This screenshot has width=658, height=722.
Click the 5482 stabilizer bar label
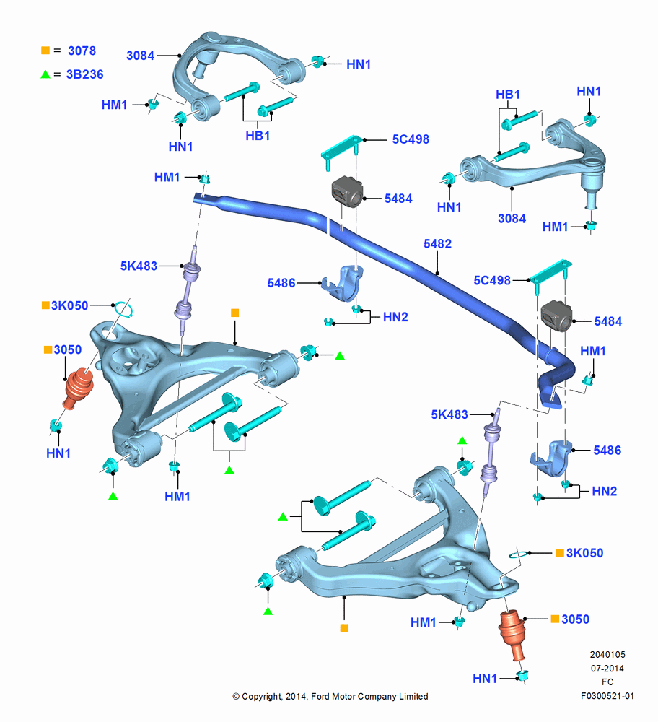[x=438, y=243]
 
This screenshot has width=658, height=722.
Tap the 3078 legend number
[x=82, y=51]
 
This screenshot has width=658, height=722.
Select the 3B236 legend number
[x=84, y=74]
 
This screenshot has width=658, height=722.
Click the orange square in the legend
[x=45, y=51]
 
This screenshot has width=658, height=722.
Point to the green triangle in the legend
[x=45, y=74]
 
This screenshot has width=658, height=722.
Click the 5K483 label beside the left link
[x=139, y=266]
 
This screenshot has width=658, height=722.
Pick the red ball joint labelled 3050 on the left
[x=78, y=388]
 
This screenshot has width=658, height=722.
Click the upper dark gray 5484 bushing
[x=348, y=191]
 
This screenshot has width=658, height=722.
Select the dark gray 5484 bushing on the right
[x=556, y=316]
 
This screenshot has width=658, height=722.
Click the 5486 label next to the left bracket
[x=281, y=283]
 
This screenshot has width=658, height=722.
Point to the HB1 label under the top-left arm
[x=258, y=136]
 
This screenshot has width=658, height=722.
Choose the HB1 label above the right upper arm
[x=508, y=95]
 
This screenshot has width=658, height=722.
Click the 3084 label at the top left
[x=141, y=56]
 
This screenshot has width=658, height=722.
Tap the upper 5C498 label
[x=411, y=139]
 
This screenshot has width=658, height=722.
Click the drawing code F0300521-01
[x=607, y=696]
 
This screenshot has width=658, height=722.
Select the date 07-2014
[x=607, y=668]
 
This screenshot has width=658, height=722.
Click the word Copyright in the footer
[x=261, y=697]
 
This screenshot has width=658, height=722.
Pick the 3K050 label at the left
[x=69, y=305]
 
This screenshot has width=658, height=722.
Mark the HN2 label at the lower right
[x=604, y=491]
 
